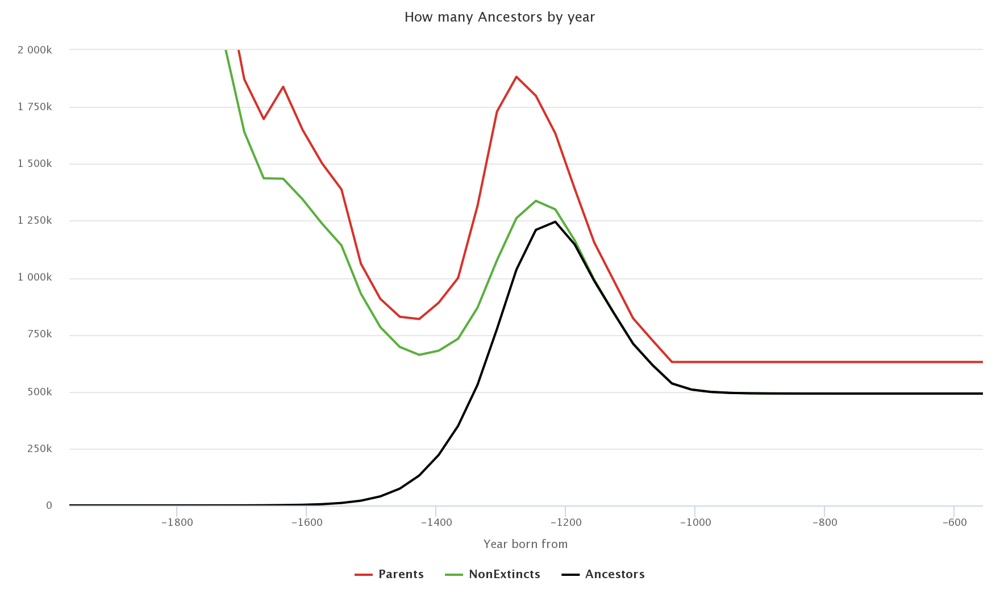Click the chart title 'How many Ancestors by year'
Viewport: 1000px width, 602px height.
click(x=499, y=17)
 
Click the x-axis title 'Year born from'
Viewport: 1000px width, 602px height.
click(x=525, y=544)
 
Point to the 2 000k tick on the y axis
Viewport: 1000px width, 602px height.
click(x=35, y=50)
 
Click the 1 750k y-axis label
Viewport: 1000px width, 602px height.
click(x=35, y=107)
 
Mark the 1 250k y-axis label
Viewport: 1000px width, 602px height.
click(x=35, y=221)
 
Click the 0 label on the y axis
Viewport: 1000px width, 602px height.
click(x=49, y=505)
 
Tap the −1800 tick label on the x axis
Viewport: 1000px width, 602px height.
click(x=177, y=522)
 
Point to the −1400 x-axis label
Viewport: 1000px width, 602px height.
click(x=436, y=522)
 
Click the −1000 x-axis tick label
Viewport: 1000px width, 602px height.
click(x=694, y=522)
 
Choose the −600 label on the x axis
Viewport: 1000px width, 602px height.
click(x=953, y=522)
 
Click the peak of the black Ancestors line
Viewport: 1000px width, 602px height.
click(x=555, y=221)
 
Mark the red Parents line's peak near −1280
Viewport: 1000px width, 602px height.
click(x=516, y=77)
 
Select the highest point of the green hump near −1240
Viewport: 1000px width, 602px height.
click(x=536, y=200)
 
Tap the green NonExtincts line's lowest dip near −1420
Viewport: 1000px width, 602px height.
click(x=419, y=355)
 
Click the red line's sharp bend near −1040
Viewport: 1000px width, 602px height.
click(x=672, y=362)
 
